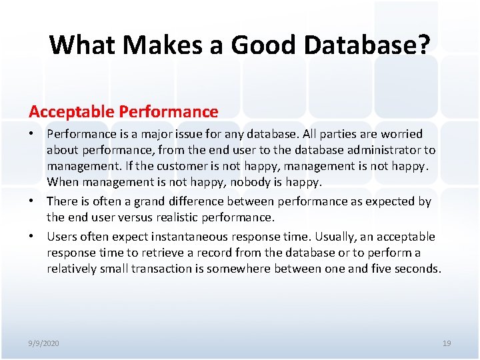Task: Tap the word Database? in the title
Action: [x=376, y=45]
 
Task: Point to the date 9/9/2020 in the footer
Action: [x=44, y=343]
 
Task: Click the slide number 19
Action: [x=447, y=343]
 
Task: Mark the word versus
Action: [x=136, y=217]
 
